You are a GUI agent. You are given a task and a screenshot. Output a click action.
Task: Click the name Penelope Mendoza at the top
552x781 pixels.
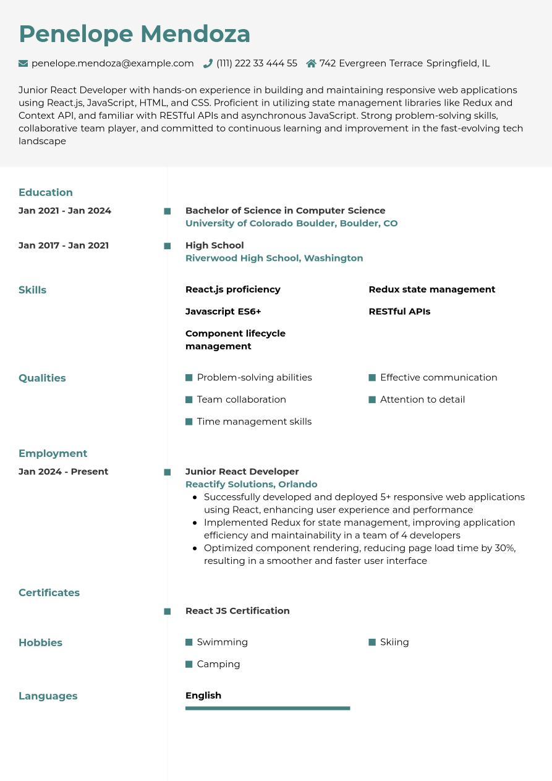[134, 34]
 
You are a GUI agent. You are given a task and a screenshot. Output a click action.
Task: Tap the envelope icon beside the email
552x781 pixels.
[23, 63]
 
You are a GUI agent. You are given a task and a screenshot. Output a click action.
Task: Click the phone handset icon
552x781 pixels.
[208, 63]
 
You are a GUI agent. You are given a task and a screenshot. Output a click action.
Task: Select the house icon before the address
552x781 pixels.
[311, 63]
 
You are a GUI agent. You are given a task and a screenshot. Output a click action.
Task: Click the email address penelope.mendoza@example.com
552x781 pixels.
[113, 63]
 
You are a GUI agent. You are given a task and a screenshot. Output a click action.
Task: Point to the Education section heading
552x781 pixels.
[46, 192]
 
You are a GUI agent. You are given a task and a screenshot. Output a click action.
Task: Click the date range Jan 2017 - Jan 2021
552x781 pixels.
[64, 245]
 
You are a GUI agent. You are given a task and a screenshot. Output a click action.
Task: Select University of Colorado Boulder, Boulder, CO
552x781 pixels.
[291, 223]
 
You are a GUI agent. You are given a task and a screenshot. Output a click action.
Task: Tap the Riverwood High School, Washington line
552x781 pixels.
[274, 258]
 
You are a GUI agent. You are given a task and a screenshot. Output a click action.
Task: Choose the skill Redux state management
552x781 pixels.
[431, 289]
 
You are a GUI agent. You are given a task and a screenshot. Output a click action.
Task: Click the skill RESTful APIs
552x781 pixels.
[399, 312]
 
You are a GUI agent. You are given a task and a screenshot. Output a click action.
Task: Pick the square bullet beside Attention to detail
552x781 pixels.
[372, 399]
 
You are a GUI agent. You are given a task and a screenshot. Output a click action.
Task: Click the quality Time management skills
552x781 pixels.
[254, 422]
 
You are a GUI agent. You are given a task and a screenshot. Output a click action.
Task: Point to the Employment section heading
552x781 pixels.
[53, 453]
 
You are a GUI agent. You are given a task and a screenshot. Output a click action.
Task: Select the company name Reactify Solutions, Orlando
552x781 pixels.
[251, 484]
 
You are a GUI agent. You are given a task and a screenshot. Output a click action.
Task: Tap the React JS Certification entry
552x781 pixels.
[237, 611]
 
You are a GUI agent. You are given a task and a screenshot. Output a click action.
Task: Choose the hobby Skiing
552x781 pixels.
[394, 642]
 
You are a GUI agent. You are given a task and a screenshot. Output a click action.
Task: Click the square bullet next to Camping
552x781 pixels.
[189, 664]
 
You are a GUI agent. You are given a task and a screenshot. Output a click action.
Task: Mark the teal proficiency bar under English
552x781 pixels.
[268, 708]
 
